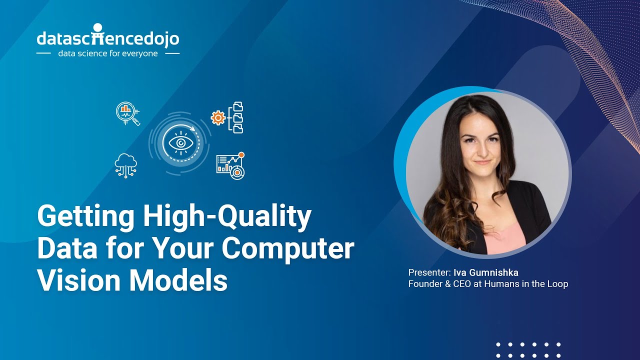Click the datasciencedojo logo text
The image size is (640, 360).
pyautogui.click(x=108, y=38)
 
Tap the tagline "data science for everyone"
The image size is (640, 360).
pyautogui.click(x=108, y=53)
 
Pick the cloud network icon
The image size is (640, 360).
pyautogui.click(x=125, y=165)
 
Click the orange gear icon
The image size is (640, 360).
pyautogui.click(x=218, y=118)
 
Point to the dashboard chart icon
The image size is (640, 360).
pyautogui.click(x=230, y=165)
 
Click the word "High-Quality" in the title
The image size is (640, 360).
pyautogui.click(x=227, y=217)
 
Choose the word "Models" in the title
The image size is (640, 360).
pyautogui.click(x=179, y=279)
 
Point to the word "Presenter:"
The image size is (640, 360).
pyautogui.click(x=429, y=272)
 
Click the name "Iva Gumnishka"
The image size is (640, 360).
pyautogui.click(x=486, y=272)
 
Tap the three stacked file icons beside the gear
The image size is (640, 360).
pyautogui.click(x=237, y=117)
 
